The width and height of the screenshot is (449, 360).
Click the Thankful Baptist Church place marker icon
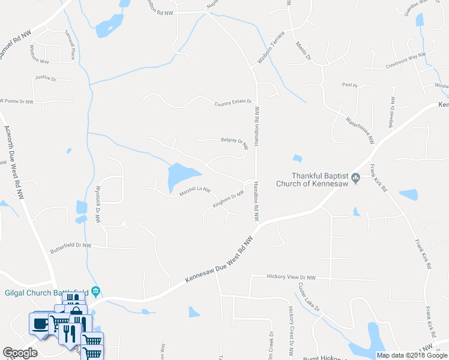coord(356,177)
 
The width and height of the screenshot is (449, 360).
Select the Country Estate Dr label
coord(232,104)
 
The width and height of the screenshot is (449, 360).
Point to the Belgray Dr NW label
coord(235,142)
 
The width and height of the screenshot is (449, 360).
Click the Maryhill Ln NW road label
coord(195,191)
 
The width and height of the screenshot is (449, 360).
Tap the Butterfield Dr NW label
coord(70,245)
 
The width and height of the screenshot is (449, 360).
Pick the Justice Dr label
coord(45,78)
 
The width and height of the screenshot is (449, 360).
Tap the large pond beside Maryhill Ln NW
coord(182,175)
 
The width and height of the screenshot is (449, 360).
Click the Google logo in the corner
coord(20,353)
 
